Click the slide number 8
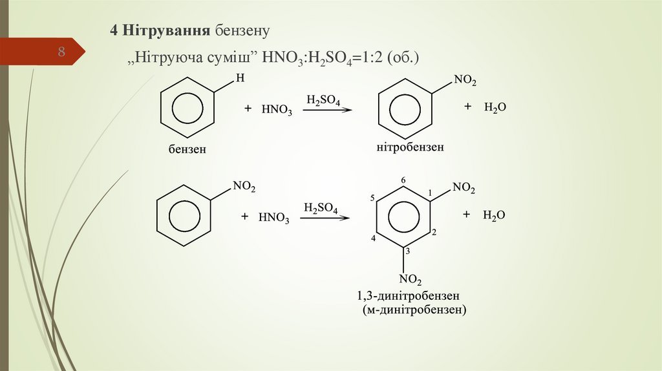pyautogui.click(x=62, y=52)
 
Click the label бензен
pyautogui.click(x=187, y=149)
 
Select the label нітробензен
pyautogui.click(x=411, y=147)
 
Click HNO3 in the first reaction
pyautogui.click(x=277, y=111)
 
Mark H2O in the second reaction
pyautogui.click(x=493, y=215)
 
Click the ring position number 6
pyautogui.click(x=403, y=179)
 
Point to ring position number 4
pyautogui.click(x=374, y=239)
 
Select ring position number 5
pyautogui.click(x=373, y=198)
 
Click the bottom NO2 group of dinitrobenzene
pyautogui.click(x=411, y=279)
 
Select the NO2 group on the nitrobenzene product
pyautogui.click(x=465, y=81)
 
